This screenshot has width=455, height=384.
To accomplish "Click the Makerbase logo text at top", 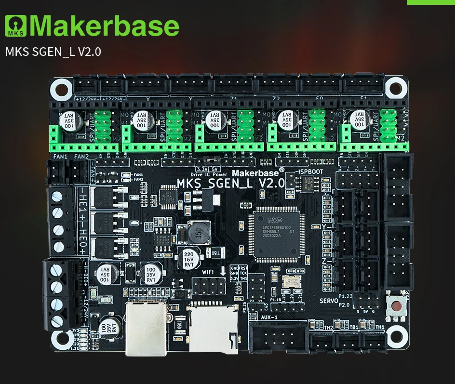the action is [107, 26].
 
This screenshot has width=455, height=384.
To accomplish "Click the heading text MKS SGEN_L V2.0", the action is [53, 52].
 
